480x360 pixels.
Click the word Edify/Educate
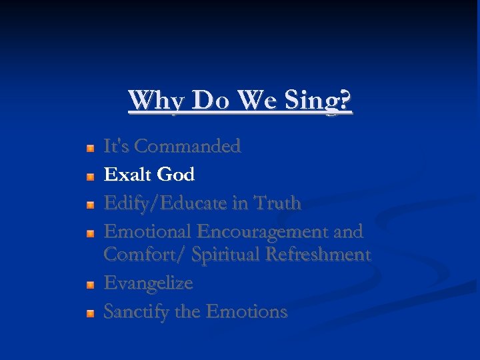point(170,203)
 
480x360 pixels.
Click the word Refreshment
point(317,254)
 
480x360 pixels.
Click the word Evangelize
point(148,283)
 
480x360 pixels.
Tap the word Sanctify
point(137,311)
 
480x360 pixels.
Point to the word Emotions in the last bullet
point(247,311)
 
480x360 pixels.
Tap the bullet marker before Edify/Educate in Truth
point(90,204)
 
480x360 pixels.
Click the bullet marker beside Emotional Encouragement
point(90,233)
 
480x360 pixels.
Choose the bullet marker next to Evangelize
point(90,284)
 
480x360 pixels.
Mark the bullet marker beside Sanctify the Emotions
point(90,313)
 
